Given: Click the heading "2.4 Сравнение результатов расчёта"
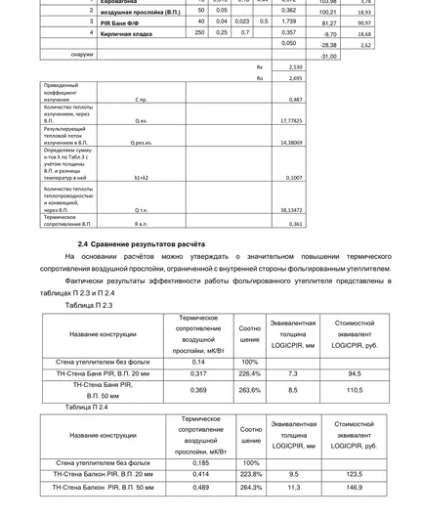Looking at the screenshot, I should click(x=142, y=242).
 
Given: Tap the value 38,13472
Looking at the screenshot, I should click(x=290, y=209).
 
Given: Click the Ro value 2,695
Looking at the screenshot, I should click(x=293, y=76).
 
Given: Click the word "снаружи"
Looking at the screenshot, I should click(x=55, y=55).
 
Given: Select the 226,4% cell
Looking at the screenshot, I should click(x=250, y=373).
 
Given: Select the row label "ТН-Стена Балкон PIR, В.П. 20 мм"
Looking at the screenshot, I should click(x=104, y=473).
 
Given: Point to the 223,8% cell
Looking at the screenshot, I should click(x=251, y=473).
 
